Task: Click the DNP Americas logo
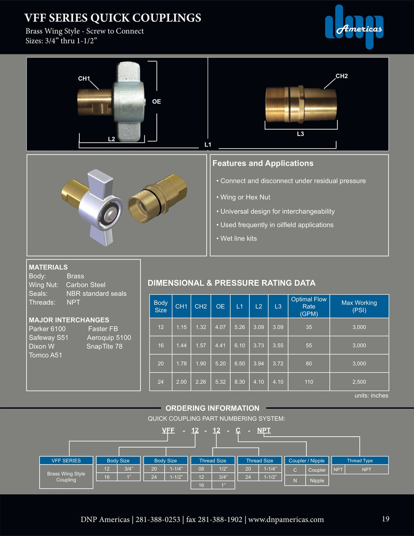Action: pos(354,27)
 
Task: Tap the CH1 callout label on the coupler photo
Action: pos(84,79)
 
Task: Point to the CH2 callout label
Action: pos(341,76)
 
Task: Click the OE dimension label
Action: pos(156,102)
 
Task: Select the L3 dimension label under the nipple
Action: pos(300,134)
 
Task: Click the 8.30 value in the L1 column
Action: pos(239,382)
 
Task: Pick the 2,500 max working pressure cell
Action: pos(359,382)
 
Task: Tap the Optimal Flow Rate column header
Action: pos(309,306)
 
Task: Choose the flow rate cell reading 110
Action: pos(309,382)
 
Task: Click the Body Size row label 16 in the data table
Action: pos(161,345)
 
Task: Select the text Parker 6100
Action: pos(47,329)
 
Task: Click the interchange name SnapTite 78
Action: pos(104,346)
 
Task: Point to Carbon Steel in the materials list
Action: pos(86,285)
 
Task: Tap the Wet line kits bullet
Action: pos(238,238)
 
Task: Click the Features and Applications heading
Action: pos(263,163)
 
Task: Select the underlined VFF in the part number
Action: pos(168,430)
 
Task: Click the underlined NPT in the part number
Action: pos(264,430)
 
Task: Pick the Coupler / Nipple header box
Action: pos(306,460)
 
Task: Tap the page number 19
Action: pos(385,519)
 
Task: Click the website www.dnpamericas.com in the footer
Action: pos(286,519)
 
